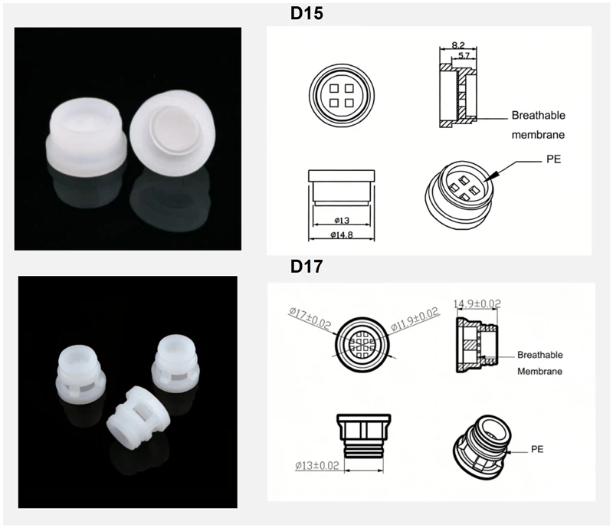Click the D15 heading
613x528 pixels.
coord(307,14)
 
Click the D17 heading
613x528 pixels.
coord(307,267)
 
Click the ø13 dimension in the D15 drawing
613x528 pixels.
coord(341,220)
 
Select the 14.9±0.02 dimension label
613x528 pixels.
coord(477,303)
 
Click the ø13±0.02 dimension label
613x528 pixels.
coord(317,464)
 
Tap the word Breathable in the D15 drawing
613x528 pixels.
coord(538,116)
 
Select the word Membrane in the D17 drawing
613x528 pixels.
coord(540,371)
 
